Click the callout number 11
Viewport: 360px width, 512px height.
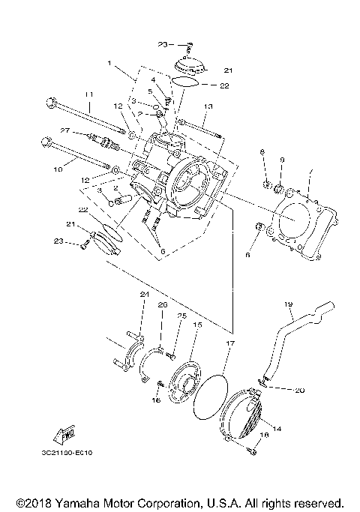pyautogui.click(x=88, y=94)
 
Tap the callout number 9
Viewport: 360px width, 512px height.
pyautogui.click(x=283, y=160)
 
